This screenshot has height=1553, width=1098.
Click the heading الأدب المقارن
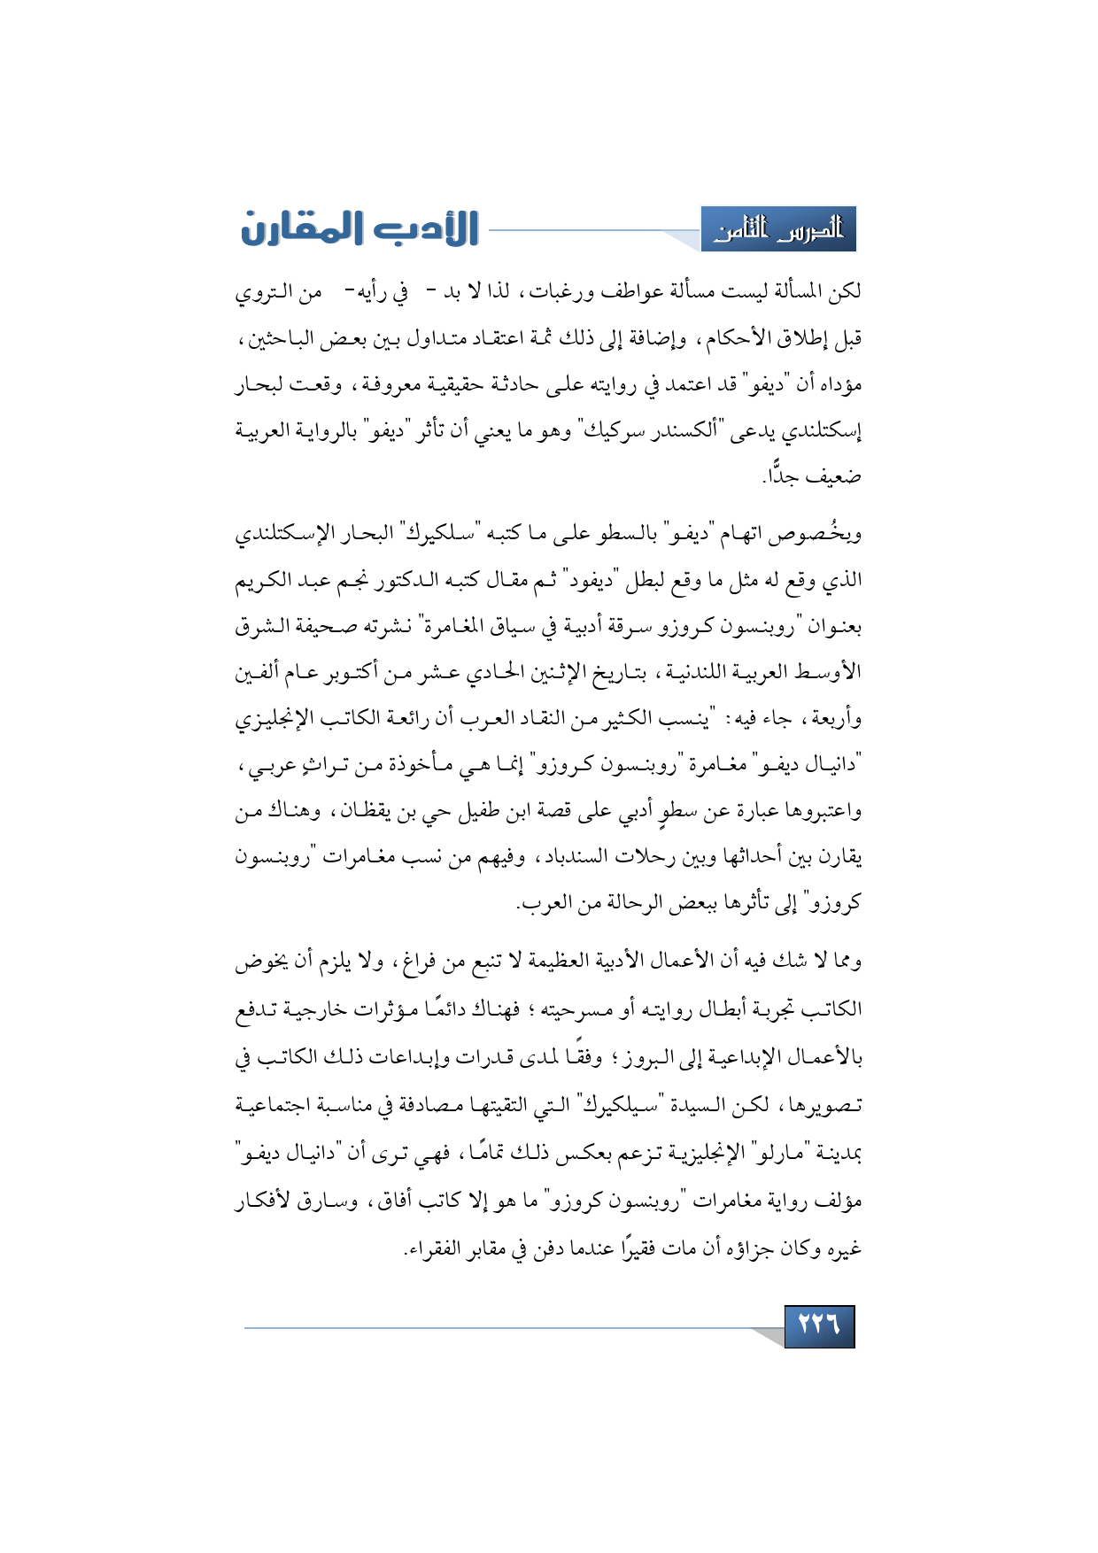(360, 228)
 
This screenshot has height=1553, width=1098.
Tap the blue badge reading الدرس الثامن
(778, 230)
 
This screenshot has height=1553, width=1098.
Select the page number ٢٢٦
(819, 1325)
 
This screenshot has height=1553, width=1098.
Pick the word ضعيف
(835, 477)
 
